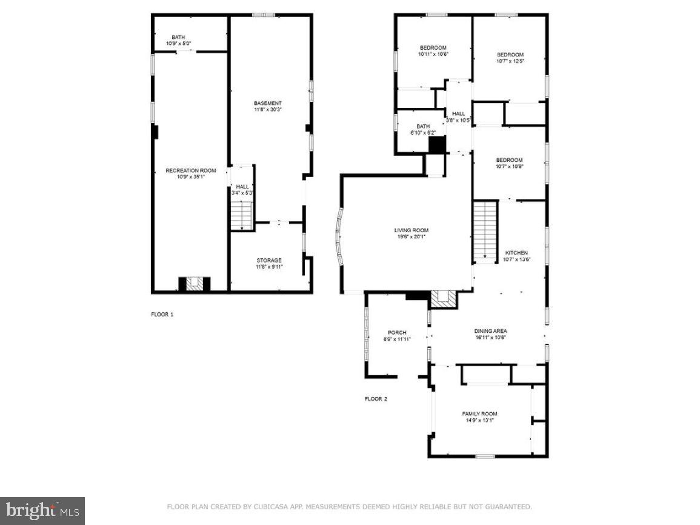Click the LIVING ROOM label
[x=412, y=230]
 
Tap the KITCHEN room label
[x=516, y=253]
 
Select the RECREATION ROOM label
[x=190, y=171]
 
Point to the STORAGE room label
[x=268, y=261]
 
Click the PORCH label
[x=397, y=333]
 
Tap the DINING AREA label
[x=490, y=331]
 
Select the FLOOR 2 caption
[x=375, y=399]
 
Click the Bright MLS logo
[x=42, y=511]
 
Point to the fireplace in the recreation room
[x=195, y=284]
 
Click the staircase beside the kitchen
[x=485, y=231]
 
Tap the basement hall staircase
[x=242, y=215]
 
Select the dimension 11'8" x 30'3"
[x=267, y=110]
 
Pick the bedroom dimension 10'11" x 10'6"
[x=433, y=54]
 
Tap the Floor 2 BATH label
[x=422, y=126]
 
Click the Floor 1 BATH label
[x=178, y=37]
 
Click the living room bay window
[x=339, y=236]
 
